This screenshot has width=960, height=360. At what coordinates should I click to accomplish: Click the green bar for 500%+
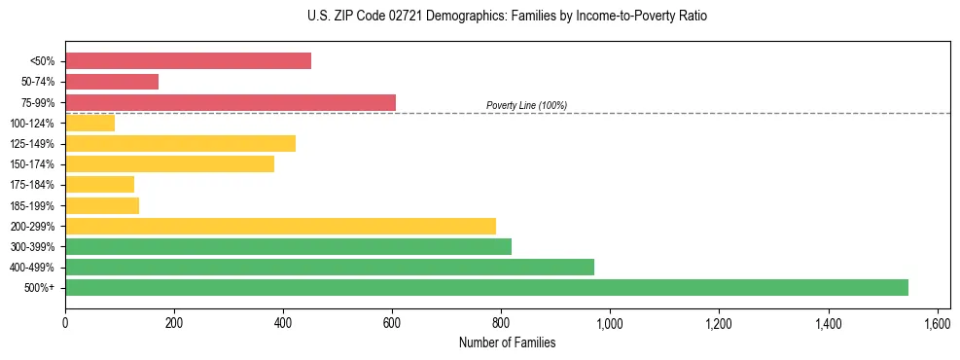[486, 287]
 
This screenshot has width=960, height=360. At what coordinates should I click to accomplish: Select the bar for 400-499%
[330, 267]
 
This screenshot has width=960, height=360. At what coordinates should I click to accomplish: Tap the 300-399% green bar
[288, 246]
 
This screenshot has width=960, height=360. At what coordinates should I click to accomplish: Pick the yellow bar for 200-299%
[280, 226]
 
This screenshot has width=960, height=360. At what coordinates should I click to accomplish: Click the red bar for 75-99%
[231, 102]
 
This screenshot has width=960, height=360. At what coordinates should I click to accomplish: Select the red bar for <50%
[188, 61]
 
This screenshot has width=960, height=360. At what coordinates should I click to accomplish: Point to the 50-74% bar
[112, 82]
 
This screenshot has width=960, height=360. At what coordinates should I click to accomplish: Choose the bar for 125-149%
[180, 144]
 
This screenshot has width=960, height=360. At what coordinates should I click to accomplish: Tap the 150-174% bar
[169, 164]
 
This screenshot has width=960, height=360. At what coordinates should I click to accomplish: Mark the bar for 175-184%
[99, 185]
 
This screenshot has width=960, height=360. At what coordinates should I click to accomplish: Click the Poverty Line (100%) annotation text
[526, 105]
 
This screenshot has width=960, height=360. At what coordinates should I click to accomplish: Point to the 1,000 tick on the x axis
[610, 322]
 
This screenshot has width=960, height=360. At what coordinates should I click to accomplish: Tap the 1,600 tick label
[937, 322]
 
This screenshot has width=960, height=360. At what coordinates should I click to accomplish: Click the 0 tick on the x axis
[65, 322]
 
